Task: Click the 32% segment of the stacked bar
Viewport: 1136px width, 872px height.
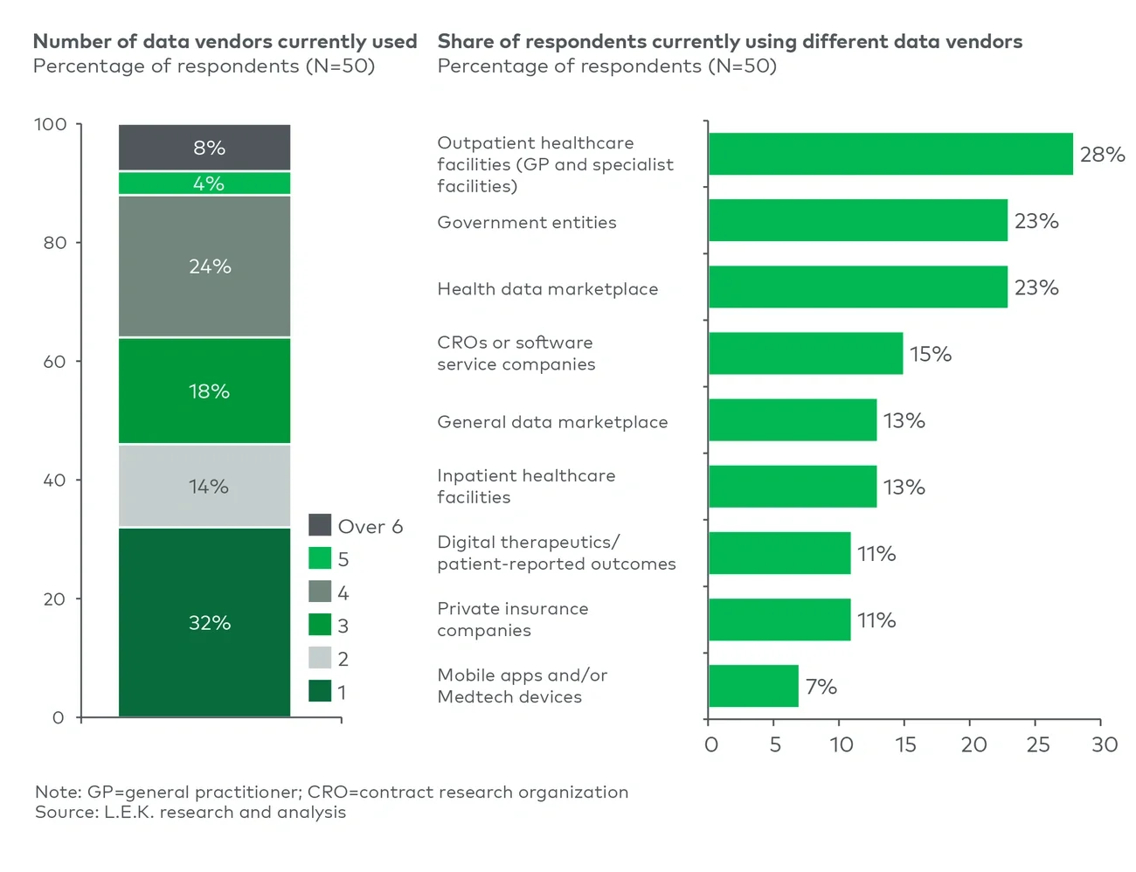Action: pyautogui.click(x=204, y=622)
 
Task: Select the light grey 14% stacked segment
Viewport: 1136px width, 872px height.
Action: pyautogui.click(x=204, y=486)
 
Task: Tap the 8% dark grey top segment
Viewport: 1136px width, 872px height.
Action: pyautogui.click(x=204, y=148)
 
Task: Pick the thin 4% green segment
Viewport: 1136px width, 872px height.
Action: pyautogui.click(x=204, y=183)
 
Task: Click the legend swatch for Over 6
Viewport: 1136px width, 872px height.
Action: pyautogui.click(x=320, y=525)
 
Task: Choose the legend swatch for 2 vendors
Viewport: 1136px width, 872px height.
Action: pyautogui.click(x=320, y=658)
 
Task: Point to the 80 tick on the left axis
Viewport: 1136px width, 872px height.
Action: pyautogui.click(x=55, y=243)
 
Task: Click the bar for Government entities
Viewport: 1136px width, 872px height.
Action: pyautogui.click(x=857, y=220)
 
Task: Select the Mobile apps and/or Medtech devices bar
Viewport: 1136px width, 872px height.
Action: pyautogui.click(x=753, y=686)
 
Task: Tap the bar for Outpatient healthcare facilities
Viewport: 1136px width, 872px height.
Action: pyautogui.click(x=890, y=154)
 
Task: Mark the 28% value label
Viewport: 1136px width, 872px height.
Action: pyautogui.click(x=1102, y=155)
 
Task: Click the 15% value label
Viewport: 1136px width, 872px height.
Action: pyautogui.click(x=930, y=354)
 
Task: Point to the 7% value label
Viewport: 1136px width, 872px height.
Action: pyautogui.click(x=821, y=687)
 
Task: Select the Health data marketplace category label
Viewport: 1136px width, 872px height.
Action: pyautogui.click(x=547, y=289)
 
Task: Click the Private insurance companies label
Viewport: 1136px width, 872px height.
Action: pyautogui.click(x=512, y=619)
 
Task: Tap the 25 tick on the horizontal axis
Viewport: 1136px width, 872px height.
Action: pyautogui.click(x=1037, y=744)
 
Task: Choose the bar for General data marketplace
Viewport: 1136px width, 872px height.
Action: pyautogui.click(x=793, y=420)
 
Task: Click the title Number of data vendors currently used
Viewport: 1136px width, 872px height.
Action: pyautogui.click(x=225, y=41)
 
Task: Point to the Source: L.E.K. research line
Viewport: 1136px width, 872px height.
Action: pyautogui.click(x=190, y=813)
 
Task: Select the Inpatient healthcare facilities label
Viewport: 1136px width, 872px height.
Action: pyautogui.click(x=526, y=486)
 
